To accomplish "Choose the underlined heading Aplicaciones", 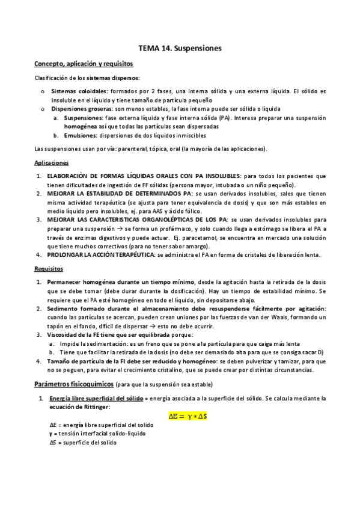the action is pyautogui.click(x=51, y=163).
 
